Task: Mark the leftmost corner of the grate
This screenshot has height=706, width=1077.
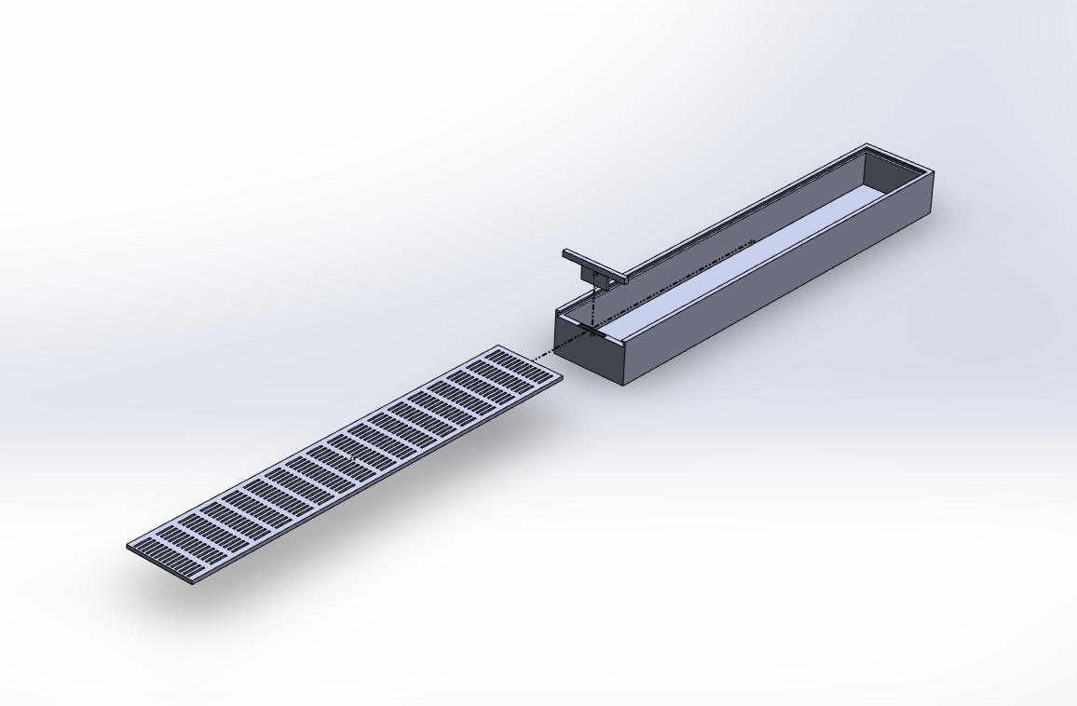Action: tap(128, 547)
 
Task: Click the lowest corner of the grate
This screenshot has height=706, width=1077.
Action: tap(191, 585)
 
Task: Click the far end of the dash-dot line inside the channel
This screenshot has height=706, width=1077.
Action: tap(753, 243)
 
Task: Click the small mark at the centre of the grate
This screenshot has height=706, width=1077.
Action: tap(353, 458)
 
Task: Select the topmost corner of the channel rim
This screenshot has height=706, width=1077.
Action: tap(867, 144)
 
